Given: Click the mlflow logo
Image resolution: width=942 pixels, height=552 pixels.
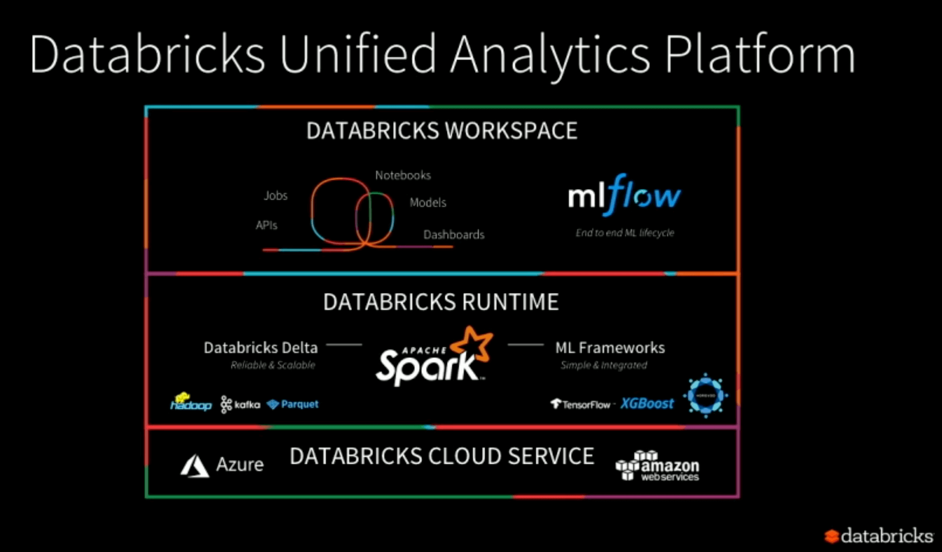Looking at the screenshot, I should (624, 195).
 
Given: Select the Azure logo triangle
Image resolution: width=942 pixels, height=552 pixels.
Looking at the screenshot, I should (195, 466).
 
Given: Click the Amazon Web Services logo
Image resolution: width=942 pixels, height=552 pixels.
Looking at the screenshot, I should (658, 466).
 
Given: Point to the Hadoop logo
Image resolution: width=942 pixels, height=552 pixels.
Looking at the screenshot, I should (191, 402).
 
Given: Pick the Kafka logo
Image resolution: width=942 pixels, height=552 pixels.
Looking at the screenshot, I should (240, 404).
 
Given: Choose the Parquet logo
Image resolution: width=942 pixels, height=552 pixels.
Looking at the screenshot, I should (292, 404).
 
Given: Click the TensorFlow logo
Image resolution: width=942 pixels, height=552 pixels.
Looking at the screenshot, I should (581, 404).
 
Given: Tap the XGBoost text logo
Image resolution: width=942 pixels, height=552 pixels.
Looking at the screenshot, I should (647, 403).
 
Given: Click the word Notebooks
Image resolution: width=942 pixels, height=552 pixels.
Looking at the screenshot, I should (403, 175).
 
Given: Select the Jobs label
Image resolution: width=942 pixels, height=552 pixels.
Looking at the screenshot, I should (276, 195).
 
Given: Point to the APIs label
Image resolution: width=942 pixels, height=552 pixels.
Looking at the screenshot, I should (266, 225).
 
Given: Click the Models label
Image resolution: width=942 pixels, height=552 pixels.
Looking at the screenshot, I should (428, 203).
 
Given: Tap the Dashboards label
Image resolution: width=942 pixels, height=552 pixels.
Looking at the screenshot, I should (454, 235).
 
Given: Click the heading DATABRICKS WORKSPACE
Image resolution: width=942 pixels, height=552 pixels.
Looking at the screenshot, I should (442, 131).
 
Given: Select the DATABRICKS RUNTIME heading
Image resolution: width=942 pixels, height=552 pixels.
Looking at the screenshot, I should (441, 302).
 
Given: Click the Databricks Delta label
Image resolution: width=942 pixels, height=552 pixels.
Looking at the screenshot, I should (261, 348).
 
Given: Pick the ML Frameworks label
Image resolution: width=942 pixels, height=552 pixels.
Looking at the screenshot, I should (610, 348).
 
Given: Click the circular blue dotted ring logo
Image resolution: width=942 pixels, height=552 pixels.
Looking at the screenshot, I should (706, 395).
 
